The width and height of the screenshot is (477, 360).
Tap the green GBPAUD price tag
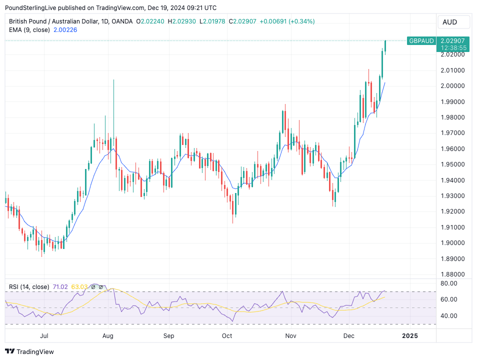[421, 40]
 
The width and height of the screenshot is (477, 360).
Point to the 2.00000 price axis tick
[453, 86]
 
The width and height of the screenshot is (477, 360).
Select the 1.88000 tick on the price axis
[453, 274]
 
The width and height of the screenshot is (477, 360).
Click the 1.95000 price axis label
[453, 164]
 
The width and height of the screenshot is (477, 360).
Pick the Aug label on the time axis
[108, 335]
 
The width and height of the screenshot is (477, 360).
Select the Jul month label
[44, 335]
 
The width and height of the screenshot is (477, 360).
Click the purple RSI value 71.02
[60, 287]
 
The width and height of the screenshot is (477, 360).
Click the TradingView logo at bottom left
[29, 351]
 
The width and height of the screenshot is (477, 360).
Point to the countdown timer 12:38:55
[453, 47]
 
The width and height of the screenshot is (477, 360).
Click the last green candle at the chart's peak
[385, 46]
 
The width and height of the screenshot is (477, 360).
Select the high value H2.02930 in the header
[182, 21]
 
